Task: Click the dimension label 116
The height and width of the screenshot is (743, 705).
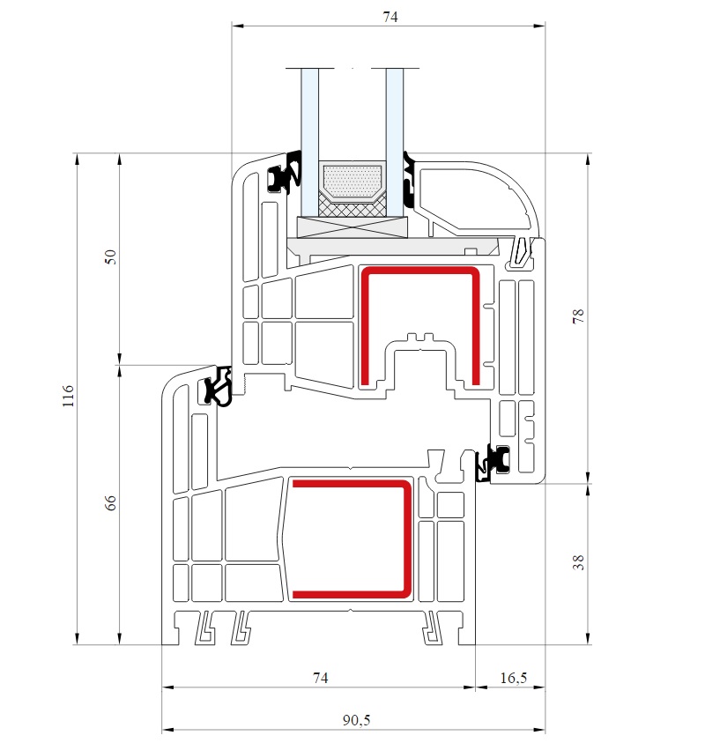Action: [x=68, y=396]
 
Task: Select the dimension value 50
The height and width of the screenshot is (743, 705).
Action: [x=110, y=256]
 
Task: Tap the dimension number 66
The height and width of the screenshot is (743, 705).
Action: [x=110, y=502]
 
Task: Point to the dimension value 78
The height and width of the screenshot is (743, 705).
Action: [x=578, y=316]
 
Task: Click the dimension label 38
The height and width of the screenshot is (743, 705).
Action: [x=578, y=562]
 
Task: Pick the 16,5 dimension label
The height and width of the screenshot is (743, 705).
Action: [x=514, y=678]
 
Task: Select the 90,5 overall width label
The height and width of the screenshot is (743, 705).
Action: [x=356, y=720]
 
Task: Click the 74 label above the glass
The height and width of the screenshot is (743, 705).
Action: [x=390, y=17]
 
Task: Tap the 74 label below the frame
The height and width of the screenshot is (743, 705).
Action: [x=320, y=678]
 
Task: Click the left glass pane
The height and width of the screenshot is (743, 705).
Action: [x=310, y=142]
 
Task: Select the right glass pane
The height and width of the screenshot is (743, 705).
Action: [x=395, y=142]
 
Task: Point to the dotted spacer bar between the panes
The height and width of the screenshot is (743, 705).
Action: [x=352, y=181]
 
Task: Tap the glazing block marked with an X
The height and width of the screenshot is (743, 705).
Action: [x=352, y=227]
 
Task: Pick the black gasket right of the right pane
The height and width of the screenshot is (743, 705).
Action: [x=409, y=180]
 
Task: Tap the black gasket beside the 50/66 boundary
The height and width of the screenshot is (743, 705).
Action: [x=219, y=386]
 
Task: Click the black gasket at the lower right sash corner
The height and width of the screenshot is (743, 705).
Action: [x=493, y=463]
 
